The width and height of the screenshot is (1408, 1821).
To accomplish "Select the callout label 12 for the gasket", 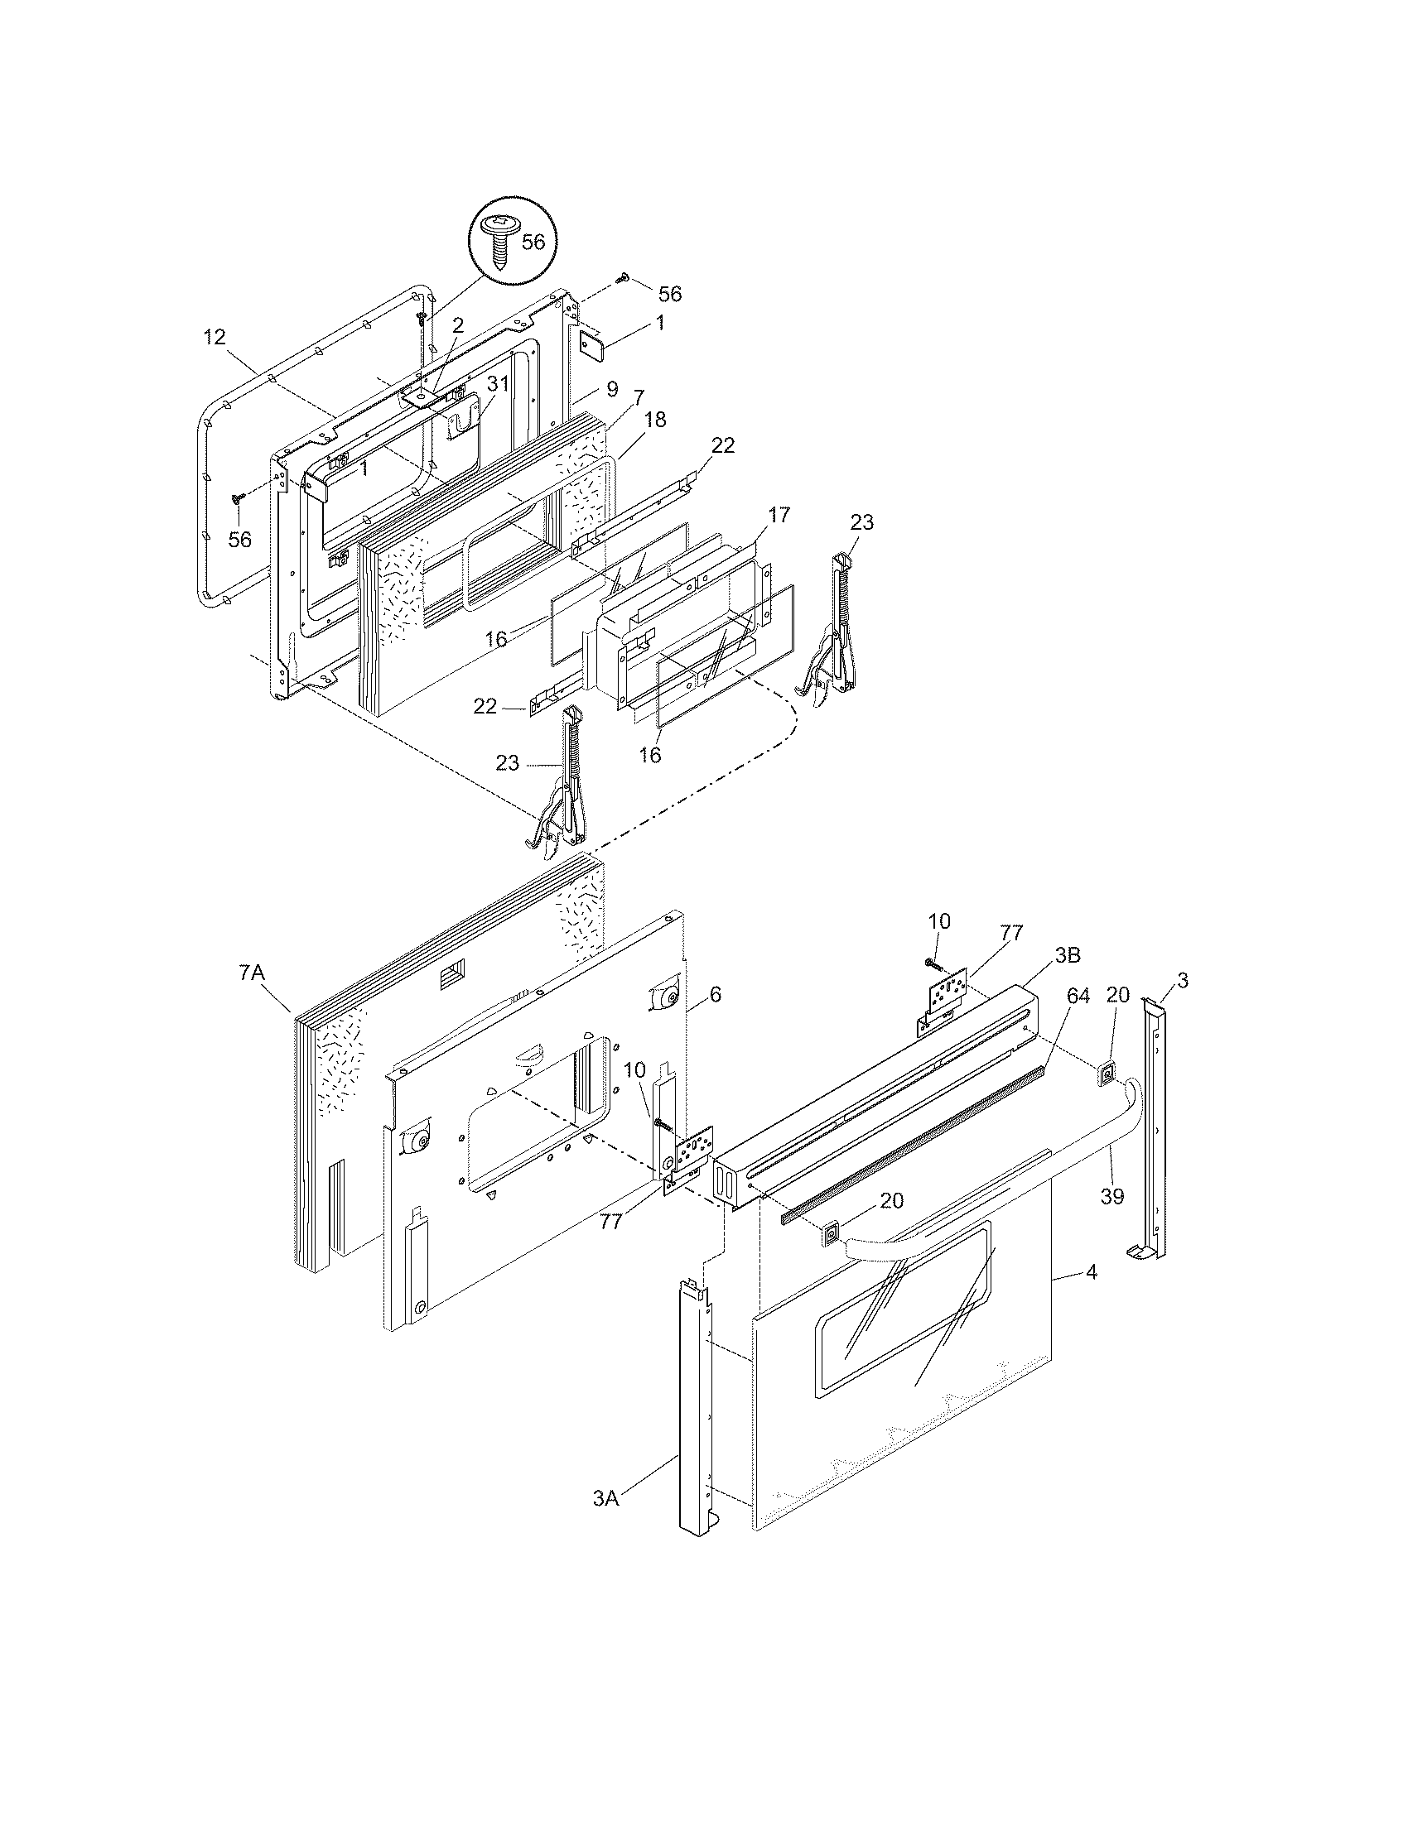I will point(215,337).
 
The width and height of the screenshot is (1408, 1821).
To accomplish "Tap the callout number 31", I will point(498,383).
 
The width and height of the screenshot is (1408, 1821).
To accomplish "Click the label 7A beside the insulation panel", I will point(251,973).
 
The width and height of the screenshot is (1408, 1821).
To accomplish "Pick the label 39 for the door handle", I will point(1111,1197).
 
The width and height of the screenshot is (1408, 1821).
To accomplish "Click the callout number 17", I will point(779,515).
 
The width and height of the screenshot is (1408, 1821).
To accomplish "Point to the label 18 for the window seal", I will point(655,420).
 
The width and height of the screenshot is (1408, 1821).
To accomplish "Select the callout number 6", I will point(715,995).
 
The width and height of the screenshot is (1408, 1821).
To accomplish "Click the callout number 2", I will point(457,326).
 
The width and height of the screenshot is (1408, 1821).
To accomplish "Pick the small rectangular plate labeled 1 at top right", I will point(596,343).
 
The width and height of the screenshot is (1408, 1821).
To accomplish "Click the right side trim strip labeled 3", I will point(1156,1134).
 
